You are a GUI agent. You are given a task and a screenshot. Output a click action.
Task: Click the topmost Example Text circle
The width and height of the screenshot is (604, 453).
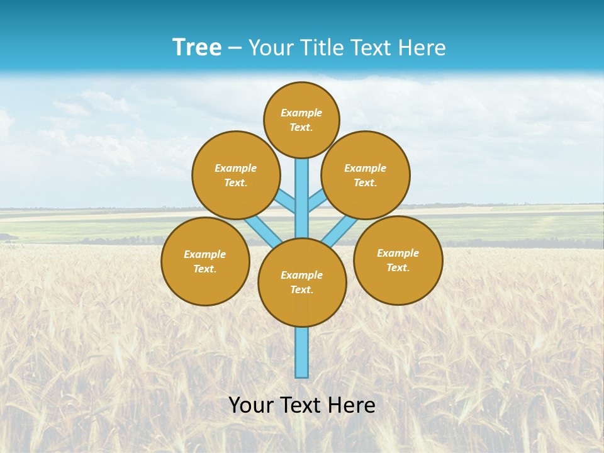point(301,120)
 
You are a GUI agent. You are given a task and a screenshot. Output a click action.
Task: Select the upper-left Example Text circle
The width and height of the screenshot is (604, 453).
point(236,175)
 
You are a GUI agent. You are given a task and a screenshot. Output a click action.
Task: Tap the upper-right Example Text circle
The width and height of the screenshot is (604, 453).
point(366,175)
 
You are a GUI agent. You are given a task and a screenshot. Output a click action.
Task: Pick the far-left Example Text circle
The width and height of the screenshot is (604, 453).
point(205,261)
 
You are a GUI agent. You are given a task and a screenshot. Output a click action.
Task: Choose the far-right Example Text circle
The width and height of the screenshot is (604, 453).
point(398,260)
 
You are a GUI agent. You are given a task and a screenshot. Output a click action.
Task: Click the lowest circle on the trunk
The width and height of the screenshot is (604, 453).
point(302,282)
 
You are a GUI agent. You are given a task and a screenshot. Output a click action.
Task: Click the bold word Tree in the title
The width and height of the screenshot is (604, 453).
point(197,48)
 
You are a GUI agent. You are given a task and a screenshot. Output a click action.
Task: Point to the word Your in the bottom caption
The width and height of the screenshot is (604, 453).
point(251,405)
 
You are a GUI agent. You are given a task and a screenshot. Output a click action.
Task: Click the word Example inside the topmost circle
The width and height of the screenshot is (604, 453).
point(301,113)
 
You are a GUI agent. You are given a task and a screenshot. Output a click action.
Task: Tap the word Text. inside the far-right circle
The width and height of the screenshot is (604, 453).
point(398,267)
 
